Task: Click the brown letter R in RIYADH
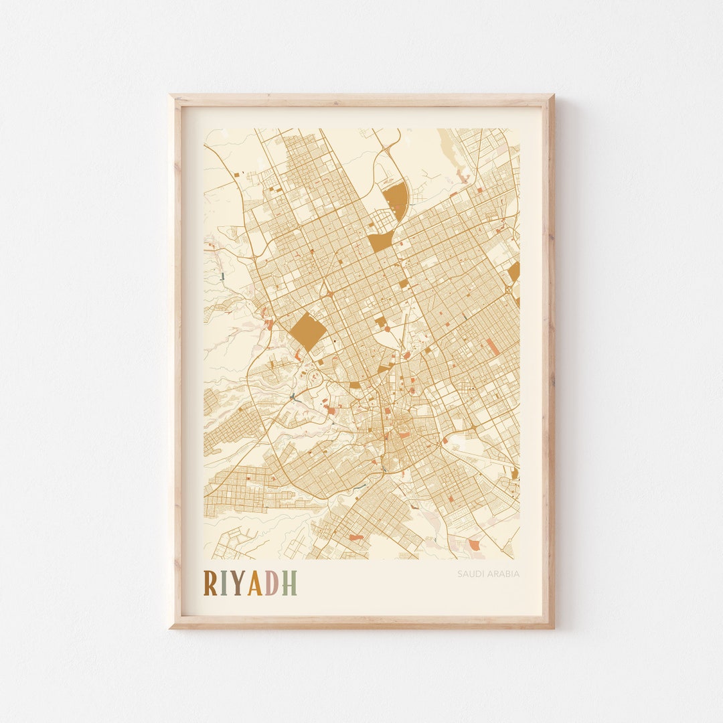pyautogui.click(x=210, y=583)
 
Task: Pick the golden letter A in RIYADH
pyautogui.click(x=254, y=583)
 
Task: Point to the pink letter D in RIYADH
pyautogui.click(x=271, y=583)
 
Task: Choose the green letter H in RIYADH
pyautogui.click(x=289, y=583)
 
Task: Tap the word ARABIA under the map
pyautogui.click(x=503, y=574)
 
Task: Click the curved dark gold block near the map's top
pyautogui.click(x=396, y=197)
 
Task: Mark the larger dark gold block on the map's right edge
pyautogui.click(x=514, y=272)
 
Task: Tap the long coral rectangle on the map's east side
pyautogui.click(x=492, y=347)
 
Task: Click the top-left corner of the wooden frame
pyautogui.click(x=171, y=96)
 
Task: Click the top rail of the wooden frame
pyautogui.click(x=361, y=100)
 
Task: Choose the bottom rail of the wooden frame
pyautogui.click(x=361, y=622)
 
